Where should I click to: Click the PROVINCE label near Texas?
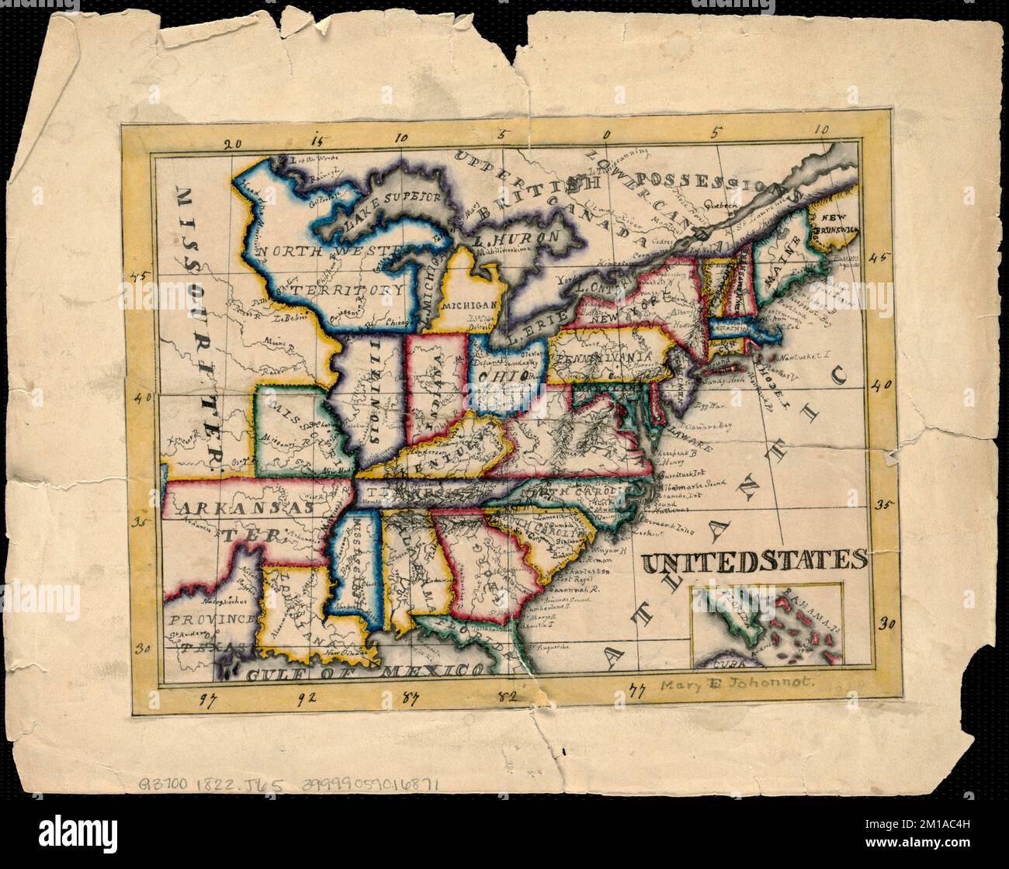(x=213, y=619)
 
